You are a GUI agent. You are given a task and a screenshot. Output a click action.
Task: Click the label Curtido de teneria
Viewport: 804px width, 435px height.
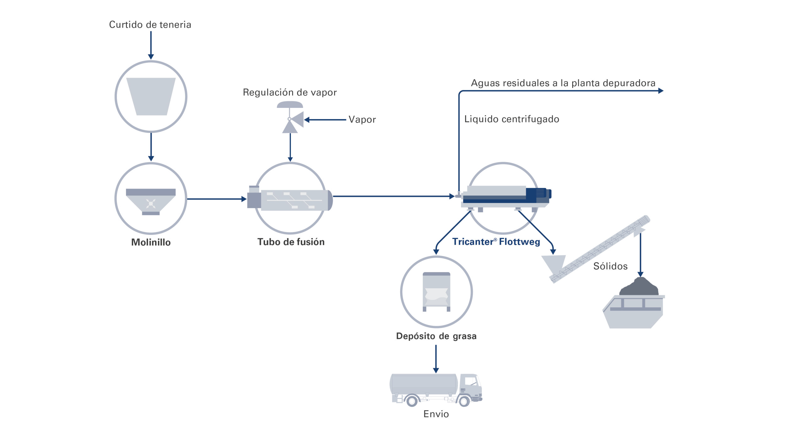(x=150, y=24)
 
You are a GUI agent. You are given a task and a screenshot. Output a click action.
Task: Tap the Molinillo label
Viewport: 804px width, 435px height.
(x=151, y=242)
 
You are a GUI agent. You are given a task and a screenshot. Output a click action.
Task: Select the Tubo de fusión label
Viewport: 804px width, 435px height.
(x=291, y=242)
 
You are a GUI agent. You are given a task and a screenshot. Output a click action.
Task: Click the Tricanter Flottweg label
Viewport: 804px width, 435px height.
(x=496, y=242)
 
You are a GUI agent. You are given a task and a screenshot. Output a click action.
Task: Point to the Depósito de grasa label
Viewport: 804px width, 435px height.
(x=436, y=336)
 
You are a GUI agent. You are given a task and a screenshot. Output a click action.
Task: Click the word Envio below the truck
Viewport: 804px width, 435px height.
(x=436, y=414)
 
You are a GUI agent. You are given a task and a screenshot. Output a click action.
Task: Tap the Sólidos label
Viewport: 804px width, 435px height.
(x=610, y=266)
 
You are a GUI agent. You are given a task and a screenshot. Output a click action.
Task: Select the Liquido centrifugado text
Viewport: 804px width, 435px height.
(x=512, y=119)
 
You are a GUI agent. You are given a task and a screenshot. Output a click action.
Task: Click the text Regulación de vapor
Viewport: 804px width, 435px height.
(x=290, y=92)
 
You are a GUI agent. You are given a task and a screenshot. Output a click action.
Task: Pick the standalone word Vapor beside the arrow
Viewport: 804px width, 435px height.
(x=362, y=119)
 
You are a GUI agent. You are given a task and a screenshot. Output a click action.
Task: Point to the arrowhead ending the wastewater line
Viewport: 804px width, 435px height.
(x=660, y=91)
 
